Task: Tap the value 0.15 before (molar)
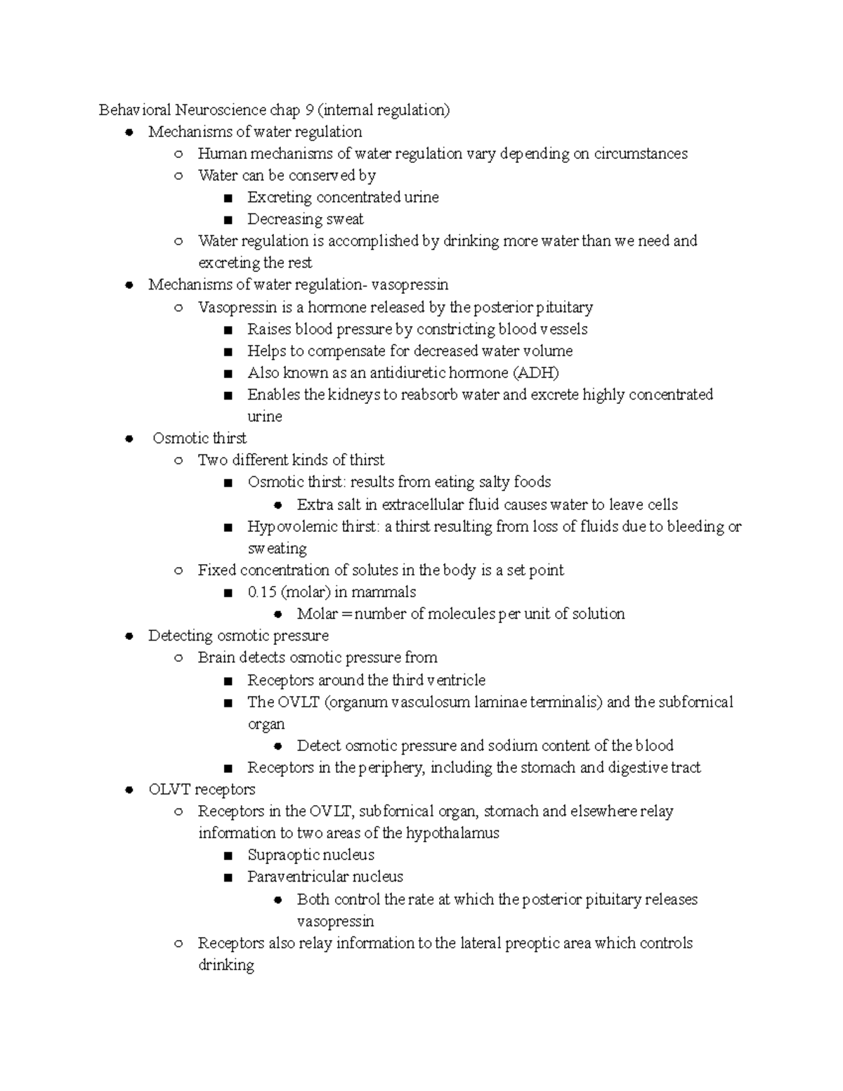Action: click(262, 592)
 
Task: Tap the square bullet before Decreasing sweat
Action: click(227, 220)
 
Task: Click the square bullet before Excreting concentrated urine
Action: click(227, 198)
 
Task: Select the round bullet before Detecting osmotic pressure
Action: click(129, 636)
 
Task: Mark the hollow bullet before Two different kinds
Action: click(178, 461)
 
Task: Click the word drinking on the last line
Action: click(226, 965)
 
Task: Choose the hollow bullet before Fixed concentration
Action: click(178, 570)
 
